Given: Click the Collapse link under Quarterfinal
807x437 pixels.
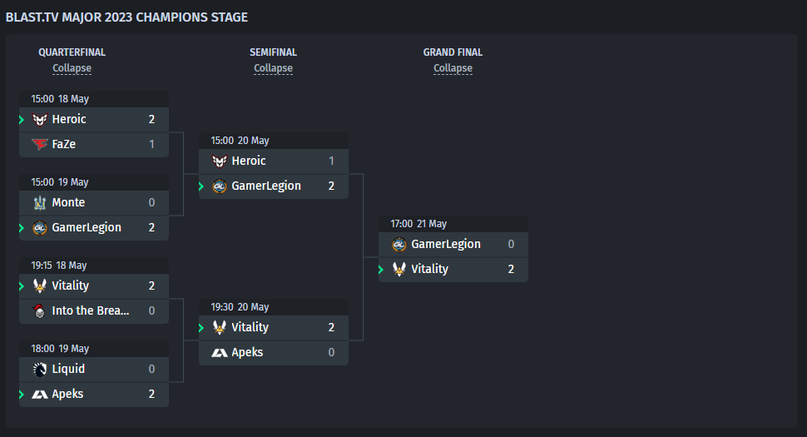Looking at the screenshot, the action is coord(72,68).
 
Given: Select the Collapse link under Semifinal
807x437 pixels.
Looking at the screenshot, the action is coord(273,68).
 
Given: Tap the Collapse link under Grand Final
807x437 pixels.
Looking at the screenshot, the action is coord(453,68).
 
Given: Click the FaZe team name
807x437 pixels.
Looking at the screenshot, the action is coord(64,144).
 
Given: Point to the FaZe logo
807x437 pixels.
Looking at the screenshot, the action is coord(40,144).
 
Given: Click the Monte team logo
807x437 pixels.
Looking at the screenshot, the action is coord(40,203).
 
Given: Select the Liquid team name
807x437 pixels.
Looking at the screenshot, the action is coord(68,369).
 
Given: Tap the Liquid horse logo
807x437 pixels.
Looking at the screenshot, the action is coord(40,369).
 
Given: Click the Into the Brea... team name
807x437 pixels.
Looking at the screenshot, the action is coord(91,310).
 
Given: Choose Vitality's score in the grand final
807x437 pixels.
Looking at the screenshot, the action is coord(511,269).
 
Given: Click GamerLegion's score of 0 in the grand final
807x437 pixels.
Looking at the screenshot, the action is coord(511,244).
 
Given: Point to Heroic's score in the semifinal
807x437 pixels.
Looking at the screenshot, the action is coord(331,161).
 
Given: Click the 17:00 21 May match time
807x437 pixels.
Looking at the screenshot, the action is coord(418,224).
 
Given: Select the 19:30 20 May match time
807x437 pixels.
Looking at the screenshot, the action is coord(240,307).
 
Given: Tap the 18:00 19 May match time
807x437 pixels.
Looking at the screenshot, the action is coord(60,349).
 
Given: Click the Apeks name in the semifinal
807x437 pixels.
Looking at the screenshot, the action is coord(247,352).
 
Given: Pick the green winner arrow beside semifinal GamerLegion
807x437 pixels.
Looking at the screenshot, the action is coord(201,186).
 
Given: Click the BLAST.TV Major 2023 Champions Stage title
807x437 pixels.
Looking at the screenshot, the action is coord(126,17).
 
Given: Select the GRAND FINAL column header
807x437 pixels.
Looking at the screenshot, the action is coord(453,52).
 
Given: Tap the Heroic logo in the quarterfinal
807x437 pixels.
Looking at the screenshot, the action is coord(40,119).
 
